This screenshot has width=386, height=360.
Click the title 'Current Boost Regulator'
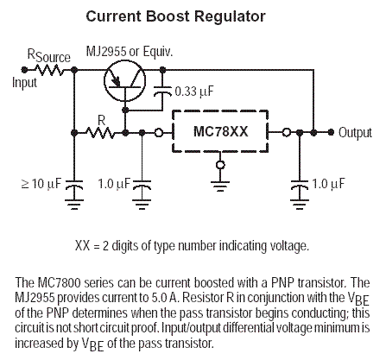click(175, 16)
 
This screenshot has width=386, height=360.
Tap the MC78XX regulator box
click(220, 131)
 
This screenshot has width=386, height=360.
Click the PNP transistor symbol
click(124, 81)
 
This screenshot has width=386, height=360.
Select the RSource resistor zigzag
click(49, 70)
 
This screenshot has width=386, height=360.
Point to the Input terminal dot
click(24, 70)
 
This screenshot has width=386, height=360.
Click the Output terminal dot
click(332, 132)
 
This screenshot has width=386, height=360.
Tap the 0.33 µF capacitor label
click(194, 92)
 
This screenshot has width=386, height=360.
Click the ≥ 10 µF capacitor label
click(41, 183)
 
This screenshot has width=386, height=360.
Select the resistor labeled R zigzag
click(100, 133)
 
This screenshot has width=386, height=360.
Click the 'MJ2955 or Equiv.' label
click(130, 52)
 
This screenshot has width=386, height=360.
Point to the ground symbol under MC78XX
click(220, 186)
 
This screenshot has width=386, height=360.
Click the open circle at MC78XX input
click(159, 133)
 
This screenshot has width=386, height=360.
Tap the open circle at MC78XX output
click(286, 132)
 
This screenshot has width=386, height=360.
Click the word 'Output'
click(355, 133)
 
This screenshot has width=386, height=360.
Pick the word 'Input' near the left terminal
click(25, 83)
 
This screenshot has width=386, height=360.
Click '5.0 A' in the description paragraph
click(163, 298)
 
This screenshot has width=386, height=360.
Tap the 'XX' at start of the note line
click(83, 246)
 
